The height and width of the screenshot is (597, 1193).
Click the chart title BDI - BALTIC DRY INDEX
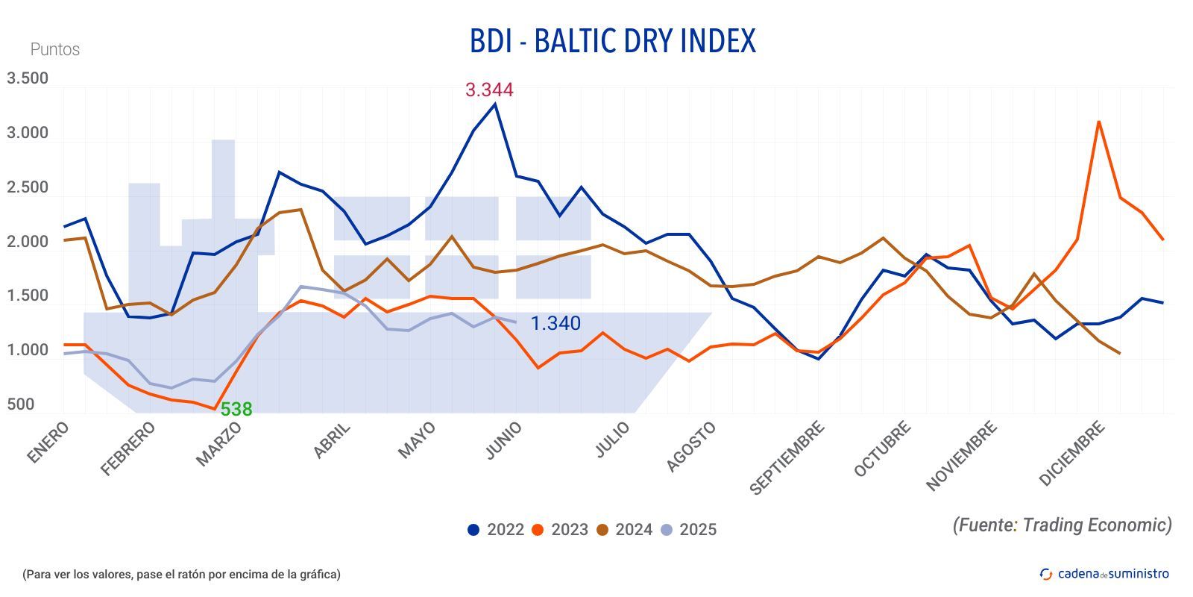pyautogui.click(x=612, y=41)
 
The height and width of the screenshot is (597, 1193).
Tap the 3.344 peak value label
pyautogui.click(x=489, y=90)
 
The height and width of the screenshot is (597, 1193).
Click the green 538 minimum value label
pyautogui.click(x=236, y=409)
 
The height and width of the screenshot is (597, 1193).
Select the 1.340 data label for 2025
pyautogui.click(x=555, y=323)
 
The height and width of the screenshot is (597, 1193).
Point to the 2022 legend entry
pyautogui.click(x=496, y=530)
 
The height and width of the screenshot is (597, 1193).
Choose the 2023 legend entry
pyautogui.click(x=560, y=530)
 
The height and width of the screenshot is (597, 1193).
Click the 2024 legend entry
pyautogui.click(x=624, y=530)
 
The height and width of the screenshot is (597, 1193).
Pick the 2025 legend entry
pyautogui.click(x=688, y=530)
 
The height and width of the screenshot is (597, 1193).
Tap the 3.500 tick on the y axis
pyautogui.click(x=28, y=78)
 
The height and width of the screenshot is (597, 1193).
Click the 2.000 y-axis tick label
pyautogui.click(x=28, y=242)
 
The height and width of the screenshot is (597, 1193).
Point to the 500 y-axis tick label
pyautogui.click(x=21, y=404)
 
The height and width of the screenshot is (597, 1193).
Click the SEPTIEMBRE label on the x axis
pyautogui.click(x=787, y=458)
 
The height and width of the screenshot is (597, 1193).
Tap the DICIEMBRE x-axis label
pyautogui.click(x=1071, y=454)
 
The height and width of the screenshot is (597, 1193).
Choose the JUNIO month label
pyautogui.click(x=503, y=440)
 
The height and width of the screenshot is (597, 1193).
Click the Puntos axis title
pyautogui.click(x=54, y=49)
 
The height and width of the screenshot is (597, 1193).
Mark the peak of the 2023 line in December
pyautogui.click(x=1098, y=122)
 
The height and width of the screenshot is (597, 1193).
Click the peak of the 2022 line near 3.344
pyautogui.click(x=495, y=104)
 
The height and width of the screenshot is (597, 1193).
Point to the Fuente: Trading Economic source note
pyautogui.click(x=1062, y=525)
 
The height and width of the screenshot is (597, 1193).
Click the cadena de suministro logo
pyautogui.click(x=1104, y=574)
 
